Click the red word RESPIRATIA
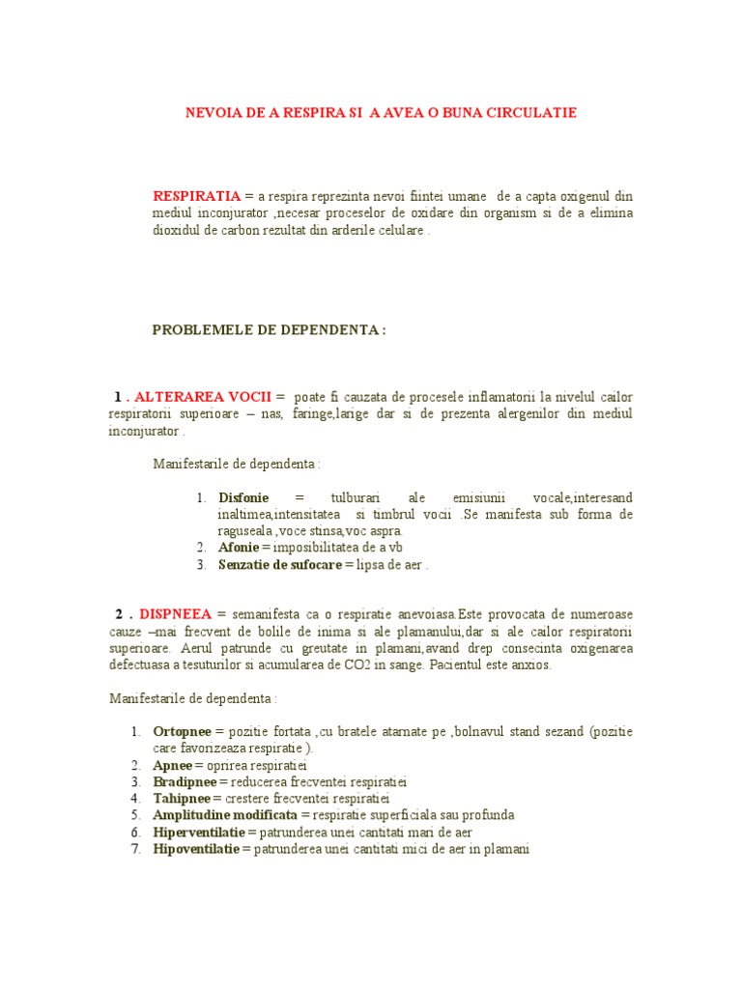coord(197,195)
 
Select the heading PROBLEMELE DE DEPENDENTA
coord(270,330)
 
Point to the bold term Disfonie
coord(243,497)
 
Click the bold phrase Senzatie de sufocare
coord(280,565)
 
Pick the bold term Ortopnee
coord(184,730)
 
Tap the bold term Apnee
coord(172,765)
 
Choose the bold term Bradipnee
coord(185,781)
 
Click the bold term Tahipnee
coord(182,799)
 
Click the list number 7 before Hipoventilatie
coord(135,850)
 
